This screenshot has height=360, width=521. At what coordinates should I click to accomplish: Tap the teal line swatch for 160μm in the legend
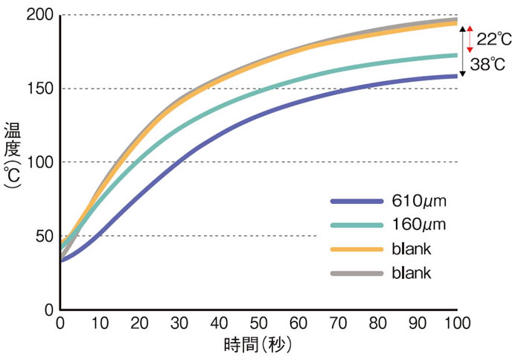pyautogui.click(x=357, y=225)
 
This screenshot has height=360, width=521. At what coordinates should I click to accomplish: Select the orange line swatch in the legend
pyautogui.click(x=357, y=248)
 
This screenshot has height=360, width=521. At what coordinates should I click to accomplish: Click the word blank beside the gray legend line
pyautogui.click(x=412, y=273)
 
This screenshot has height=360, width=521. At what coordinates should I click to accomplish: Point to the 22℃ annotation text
pyautogui.click(x=494, y=38)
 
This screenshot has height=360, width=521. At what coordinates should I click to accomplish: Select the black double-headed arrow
pyautogui.click(x=462, y=51)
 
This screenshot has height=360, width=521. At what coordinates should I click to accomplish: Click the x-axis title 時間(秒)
pyautogui.click(x=258, y=345)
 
